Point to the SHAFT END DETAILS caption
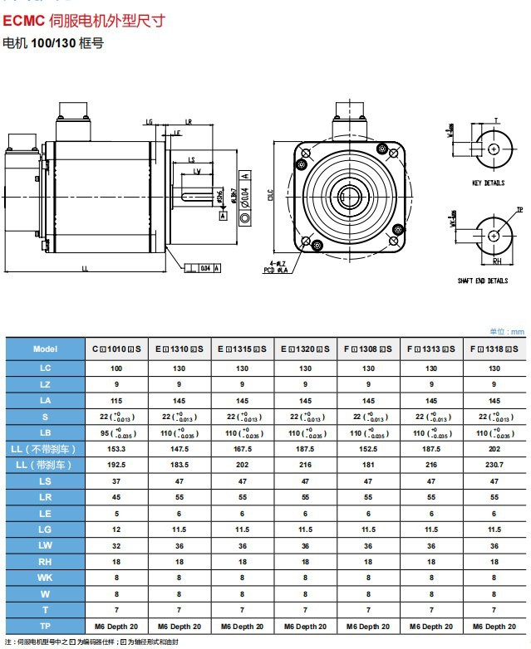tap(482, 281)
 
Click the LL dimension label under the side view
tap(85, 269)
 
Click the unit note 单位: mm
tap(509, 331)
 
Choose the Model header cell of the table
tap(45, 349)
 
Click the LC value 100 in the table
tap(116, 368)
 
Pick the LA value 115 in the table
tap(116, 400)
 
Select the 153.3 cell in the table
tap(116, 449)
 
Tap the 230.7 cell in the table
tap(494, 465)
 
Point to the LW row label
tap(45, 545)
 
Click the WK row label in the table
tap(45, 578)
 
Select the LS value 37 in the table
tap(116, 481)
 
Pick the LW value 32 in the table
tap(116, 545)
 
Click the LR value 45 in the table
tap(116, 497)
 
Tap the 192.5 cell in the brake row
tap(116, 465)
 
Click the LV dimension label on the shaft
tap(197, 171)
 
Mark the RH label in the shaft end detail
tap(496, 261)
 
